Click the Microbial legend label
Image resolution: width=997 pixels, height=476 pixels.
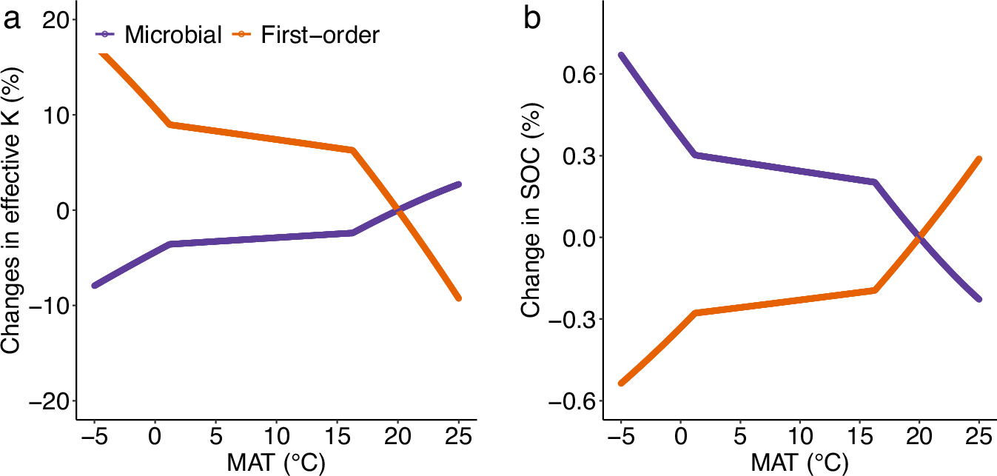pyautogui.click(x=172, y=34)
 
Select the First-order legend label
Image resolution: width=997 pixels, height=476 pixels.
pyautogui.click(x=320, y=34)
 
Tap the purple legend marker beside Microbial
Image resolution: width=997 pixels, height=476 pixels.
pyautogui.click(x=106, y=34)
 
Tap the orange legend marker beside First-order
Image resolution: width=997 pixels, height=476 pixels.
pyautogui.click(x=243, y=34)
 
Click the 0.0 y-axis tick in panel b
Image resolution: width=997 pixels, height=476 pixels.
pyautogui.click(x=574, y=238)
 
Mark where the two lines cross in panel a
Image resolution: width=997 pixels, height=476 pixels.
pyautogui.click(x=398, y=210)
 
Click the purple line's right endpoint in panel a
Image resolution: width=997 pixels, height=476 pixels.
pyautogui.click(x=458, y=184)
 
